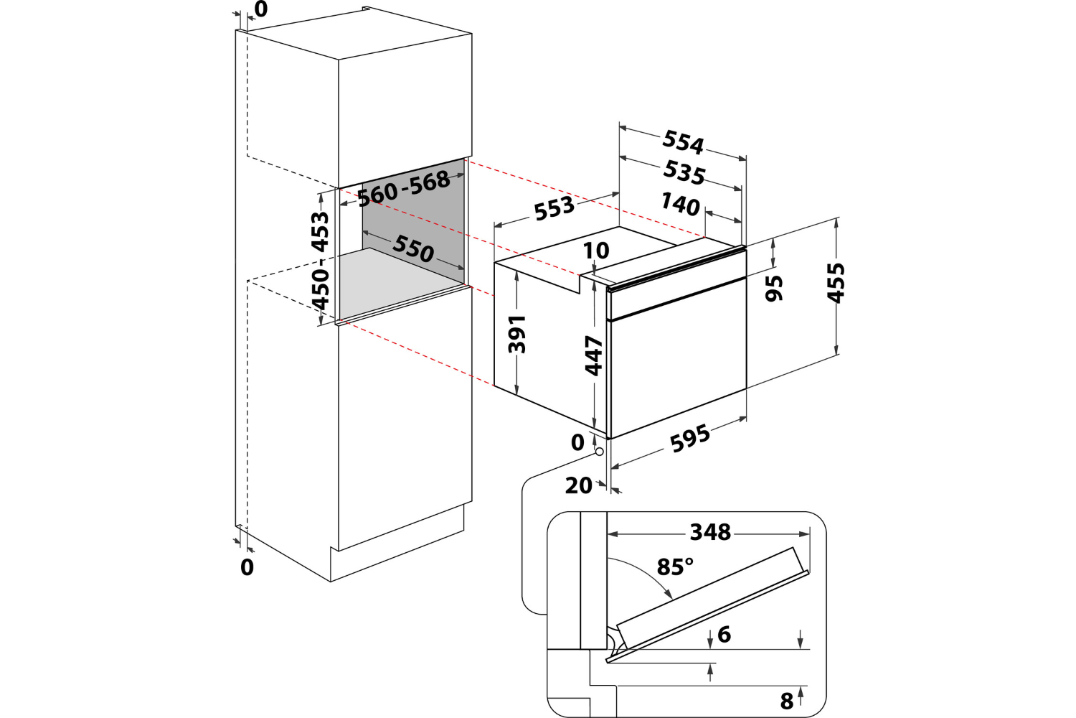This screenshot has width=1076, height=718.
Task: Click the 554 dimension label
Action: pos(683,141)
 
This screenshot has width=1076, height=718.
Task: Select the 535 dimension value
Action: pos(684,172)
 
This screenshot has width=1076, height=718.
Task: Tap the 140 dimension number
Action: pos(680,205)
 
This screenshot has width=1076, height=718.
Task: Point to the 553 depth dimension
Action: pos(554,208)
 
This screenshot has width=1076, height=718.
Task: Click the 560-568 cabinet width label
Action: pos(404,188)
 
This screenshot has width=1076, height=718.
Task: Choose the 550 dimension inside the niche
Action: pos(413,248)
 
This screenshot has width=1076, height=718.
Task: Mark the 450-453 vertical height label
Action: pos(320,260)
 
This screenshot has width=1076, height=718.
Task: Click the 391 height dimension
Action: pos(517,334)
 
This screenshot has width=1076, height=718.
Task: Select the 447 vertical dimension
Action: pos(594,355)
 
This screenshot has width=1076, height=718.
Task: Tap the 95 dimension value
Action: pos(774,287)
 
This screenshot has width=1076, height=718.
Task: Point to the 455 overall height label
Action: pos(836,282)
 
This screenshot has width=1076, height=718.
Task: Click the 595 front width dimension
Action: pos(690,438)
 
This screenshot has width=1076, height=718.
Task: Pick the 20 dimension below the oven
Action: pos(578,486)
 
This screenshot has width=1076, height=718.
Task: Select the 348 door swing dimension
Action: pos(710,532)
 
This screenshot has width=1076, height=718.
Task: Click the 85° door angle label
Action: pos(675,567)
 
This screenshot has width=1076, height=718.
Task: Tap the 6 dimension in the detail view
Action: pos(724,634)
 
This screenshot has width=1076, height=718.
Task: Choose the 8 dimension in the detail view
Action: pos(787,700)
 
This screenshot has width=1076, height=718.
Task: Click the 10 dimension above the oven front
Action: pos(596,251)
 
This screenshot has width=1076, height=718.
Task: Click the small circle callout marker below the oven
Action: pos(600,453)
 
